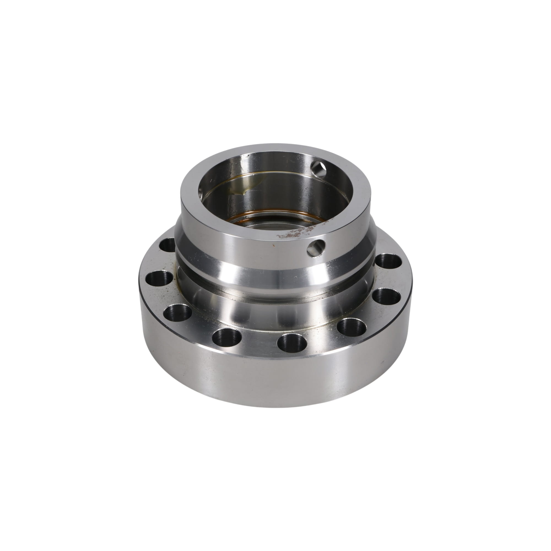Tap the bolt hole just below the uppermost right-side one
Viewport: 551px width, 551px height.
click(387, 297)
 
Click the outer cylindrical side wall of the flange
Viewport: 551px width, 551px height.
click(274, 379)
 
